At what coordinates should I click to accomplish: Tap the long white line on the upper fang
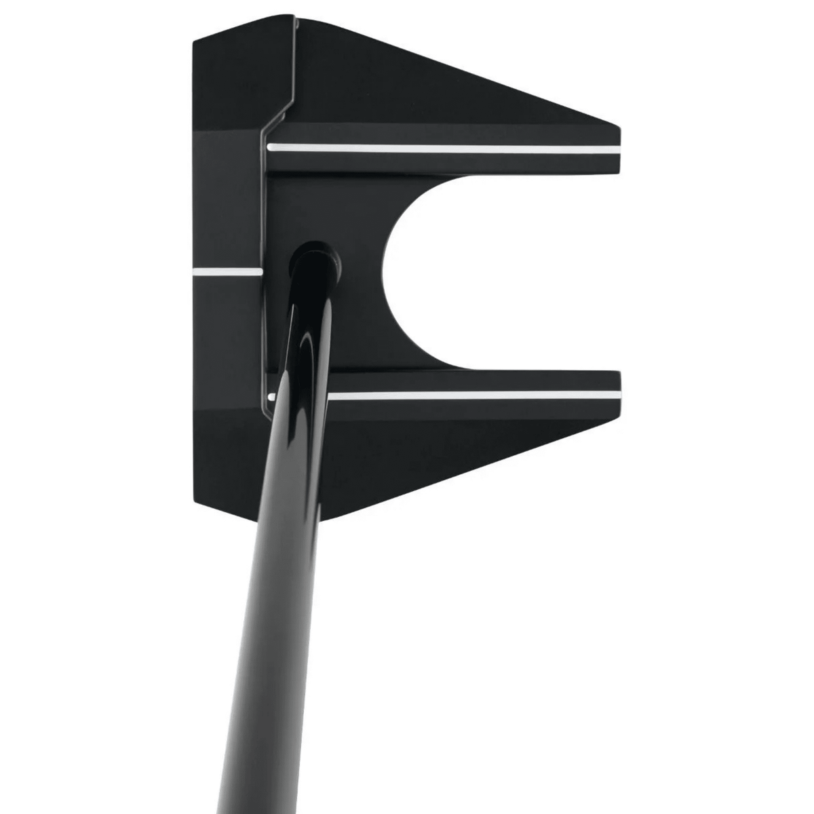point(444,147)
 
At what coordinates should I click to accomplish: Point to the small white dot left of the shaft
point(271,393)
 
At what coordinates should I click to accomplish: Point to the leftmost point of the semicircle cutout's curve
point(384,271)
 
